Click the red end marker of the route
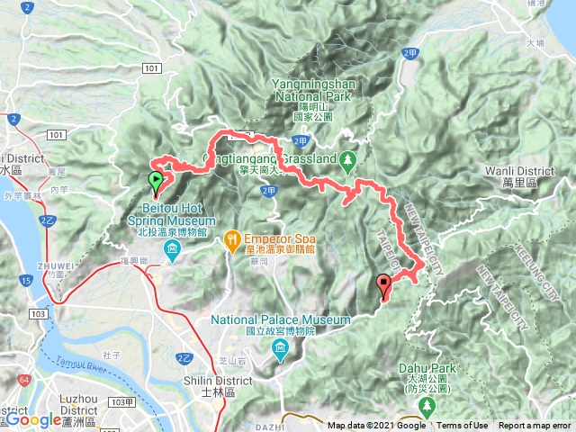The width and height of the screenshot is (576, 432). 385,287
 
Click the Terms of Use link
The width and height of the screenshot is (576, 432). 463,426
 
